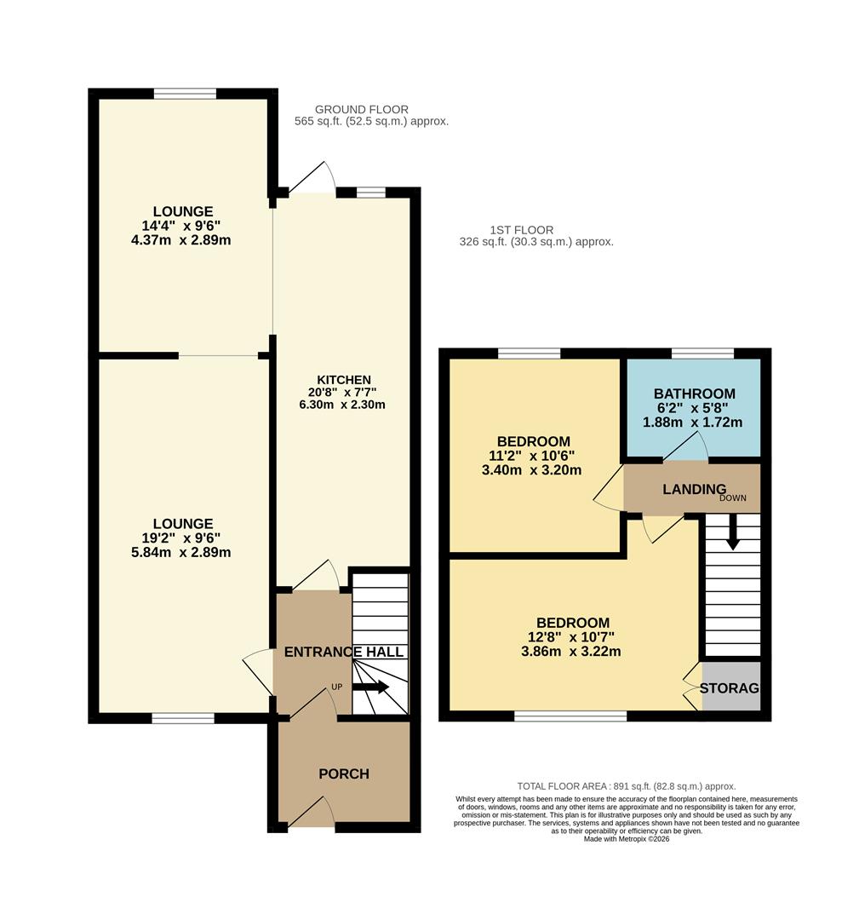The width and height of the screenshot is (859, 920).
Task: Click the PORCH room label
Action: pyautogui.click(x=344, y=774)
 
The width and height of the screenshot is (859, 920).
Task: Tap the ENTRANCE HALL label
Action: pyautogui.click(x=344, y=653)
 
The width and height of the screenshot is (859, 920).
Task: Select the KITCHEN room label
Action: pyautogui.click(x=344, y=380)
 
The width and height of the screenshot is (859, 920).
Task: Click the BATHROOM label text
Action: pyautogui.click(x=694, y=394)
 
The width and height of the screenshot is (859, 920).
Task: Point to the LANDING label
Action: pyautogui.click(x=695, y=489)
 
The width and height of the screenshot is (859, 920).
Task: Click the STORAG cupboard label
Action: pyautogui.click(x=730, y=688)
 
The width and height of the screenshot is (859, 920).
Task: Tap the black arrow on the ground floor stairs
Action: pyautogui.click(x=371, y=687)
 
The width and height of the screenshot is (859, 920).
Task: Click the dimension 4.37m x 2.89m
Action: pyautogui.click(x=183, y=240)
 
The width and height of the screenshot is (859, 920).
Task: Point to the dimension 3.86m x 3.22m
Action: pyautogui.click(x=572, y=652)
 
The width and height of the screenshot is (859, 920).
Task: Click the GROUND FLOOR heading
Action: pyautogui.click(x=362, y=109)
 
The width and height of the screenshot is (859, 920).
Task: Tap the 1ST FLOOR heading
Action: pyautogui.click(x=522, y=230)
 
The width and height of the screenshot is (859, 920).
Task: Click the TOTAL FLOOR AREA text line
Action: pyautogui.click(x=627, y=786)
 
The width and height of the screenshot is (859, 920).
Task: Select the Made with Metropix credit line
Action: pyautogui.click(x=627, y=839)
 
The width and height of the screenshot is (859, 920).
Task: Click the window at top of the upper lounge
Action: pyautogui.click(x=185, y=94)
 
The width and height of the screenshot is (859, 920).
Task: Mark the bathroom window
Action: pyautogui.click(x=702, y=354)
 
